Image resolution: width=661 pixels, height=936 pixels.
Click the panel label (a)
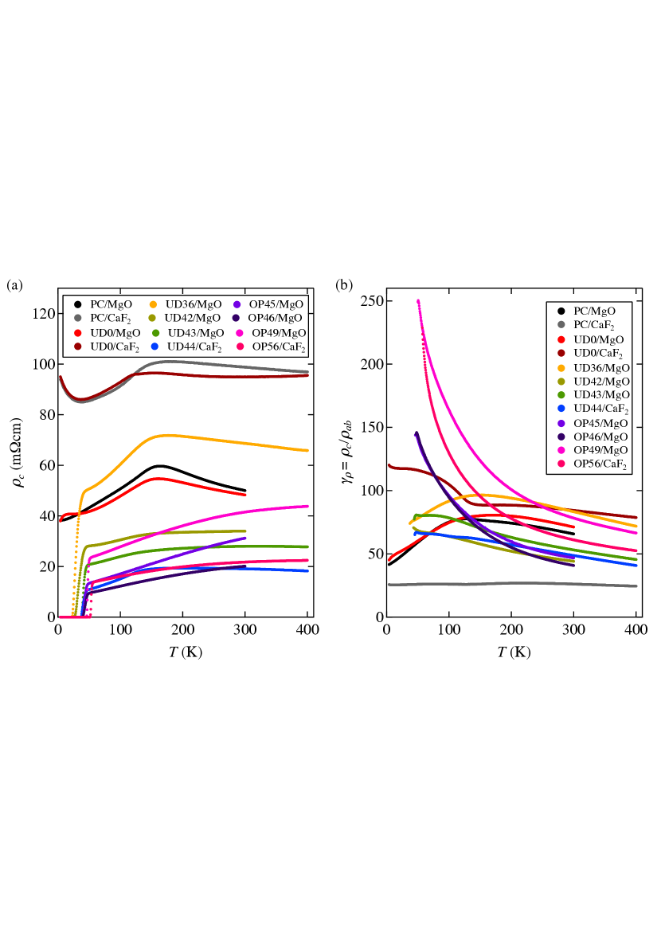click(x=15, y=284)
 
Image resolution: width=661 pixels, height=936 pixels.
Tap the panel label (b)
click(x=343, y=284)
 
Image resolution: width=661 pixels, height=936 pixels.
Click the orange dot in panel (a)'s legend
click(x=153, y=304)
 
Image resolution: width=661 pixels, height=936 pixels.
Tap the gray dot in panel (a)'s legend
click(x=78, y=318)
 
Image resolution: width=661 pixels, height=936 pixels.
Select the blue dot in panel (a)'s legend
click(x=154, y=347)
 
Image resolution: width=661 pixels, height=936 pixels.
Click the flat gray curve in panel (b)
click(x=510, y=583)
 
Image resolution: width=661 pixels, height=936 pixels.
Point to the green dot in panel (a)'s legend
click(x=156, y=333)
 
